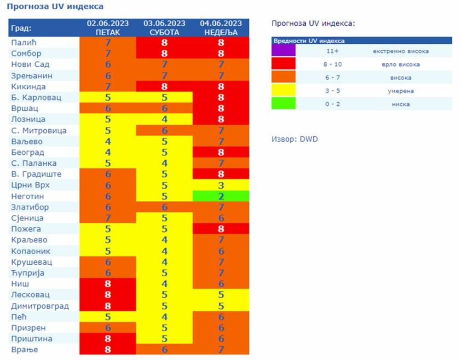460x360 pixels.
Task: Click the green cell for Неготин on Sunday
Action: point(221,196)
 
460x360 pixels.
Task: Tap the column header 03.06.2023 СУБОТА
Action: point(164,28)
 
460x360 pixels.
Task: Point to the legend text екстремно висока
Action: point(400,51)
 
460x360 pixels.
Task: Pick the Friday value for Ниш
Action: point(108,284)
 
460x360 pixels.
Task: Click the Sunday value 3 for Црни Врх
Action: point(221,185)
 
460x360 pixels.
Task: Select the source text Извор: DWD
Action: point(295,139)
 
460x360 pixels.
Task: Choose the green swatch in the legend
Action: point(283,104)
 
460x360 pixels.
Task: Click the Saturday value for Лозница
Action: point(164,119)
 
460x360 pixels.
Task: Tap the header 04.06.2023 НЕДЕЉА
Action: point(221,28)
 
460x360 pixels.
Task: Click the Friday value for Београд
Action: point(108,152)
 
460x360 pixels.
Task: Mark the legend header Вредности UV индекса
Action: point(309,41)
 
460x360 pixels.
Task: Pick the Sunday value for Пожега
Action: point(221,229)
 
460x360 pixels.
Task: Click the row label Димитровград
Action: point(40,306)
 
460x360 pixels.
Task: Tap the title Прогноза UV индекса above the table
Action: point(55,6)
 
